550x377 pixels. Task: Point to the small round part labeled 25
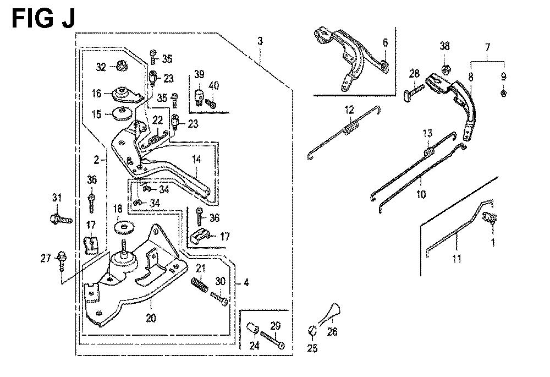pyautogui.click(x=311, y=330)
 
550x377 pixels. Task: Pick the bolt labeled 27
pyautogui.click(x=62, y=258)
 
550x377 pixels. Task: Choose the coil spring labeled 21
pyautogui.click(x=200, y=285)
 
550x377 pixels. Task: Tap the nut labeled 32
pyautogui.click(x=121, y=67)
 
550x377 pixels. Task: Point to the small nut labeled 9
pyautogui.click(x=504, y=94)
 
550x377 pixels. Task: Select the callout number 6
pyautogui.click(x=384, y=42)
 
